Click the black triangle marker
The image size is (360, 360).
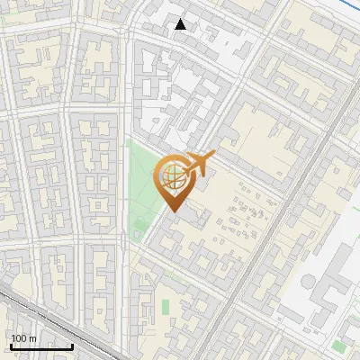(181, 24)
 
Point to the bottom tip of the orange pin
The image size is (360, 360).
(172, 212)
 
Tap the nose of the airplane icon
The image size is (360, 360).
(212, 157)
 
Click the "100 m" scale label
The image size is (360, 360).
(23, 338)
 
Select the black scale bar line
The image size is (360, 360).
(41, 346)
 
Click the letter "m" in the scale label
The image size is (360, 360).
(32, 338)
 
